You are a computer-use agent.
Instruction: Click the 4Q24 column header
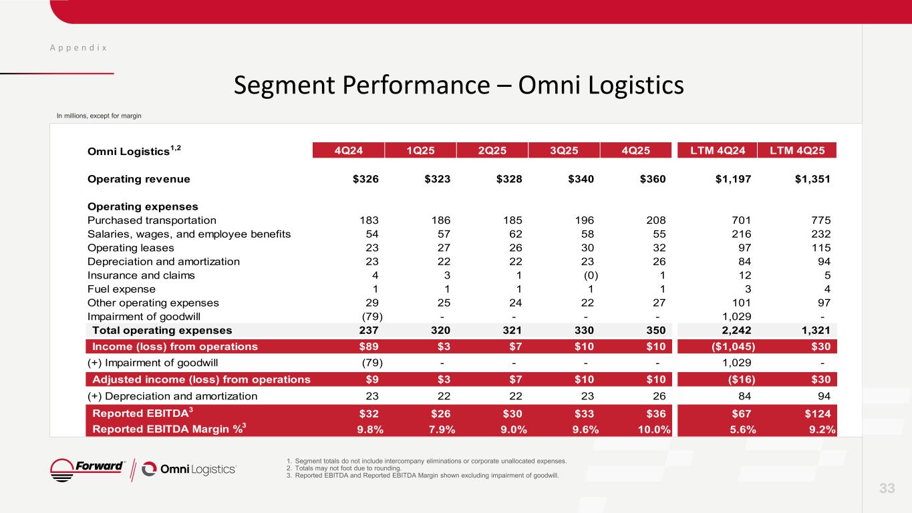click(x=349, y=150)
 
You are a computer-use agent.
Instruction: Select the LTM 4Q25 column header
click(x=797, y=150)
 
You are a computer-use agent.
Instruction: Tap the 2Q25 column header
click(x=492, y=150)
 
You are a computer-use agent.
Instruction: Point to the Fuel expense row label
click(x=122, y=289)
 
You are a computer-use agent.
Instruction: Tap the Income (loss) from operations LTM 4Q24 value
click(x=734, y=347)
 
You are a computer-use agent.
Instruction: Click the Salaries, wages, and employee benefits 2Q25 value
click(x=511, y=234)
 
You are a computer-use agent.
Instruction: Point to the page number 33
click(x=887, y=489)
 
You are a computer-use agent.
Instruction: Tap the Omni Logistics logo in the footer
click(x=189, y=470)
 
